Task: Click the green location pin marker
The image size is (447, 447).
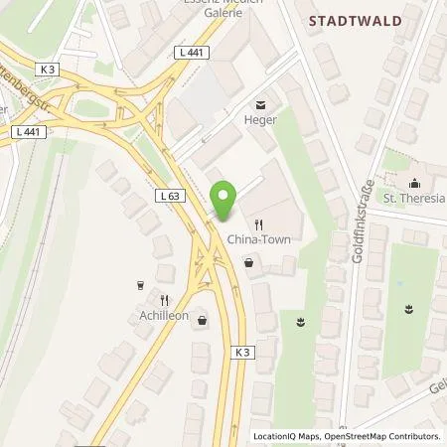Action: [x=224, y=200]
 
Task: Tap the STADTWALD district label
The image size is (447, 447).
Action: [x=351, y=19]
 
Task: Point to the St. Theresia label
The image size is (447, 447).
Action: [x=415, y=198]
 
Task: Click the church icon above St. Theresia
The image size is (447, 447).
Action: [x=413, y=181]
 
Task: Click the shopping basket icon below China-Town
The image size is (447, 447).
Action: [x=247, y=263]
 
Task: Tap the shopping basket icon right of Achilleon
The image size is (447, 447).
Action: [x=204, y=320]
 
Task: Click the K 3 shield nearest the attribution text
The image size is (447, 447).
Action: [x=244, y=352]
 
